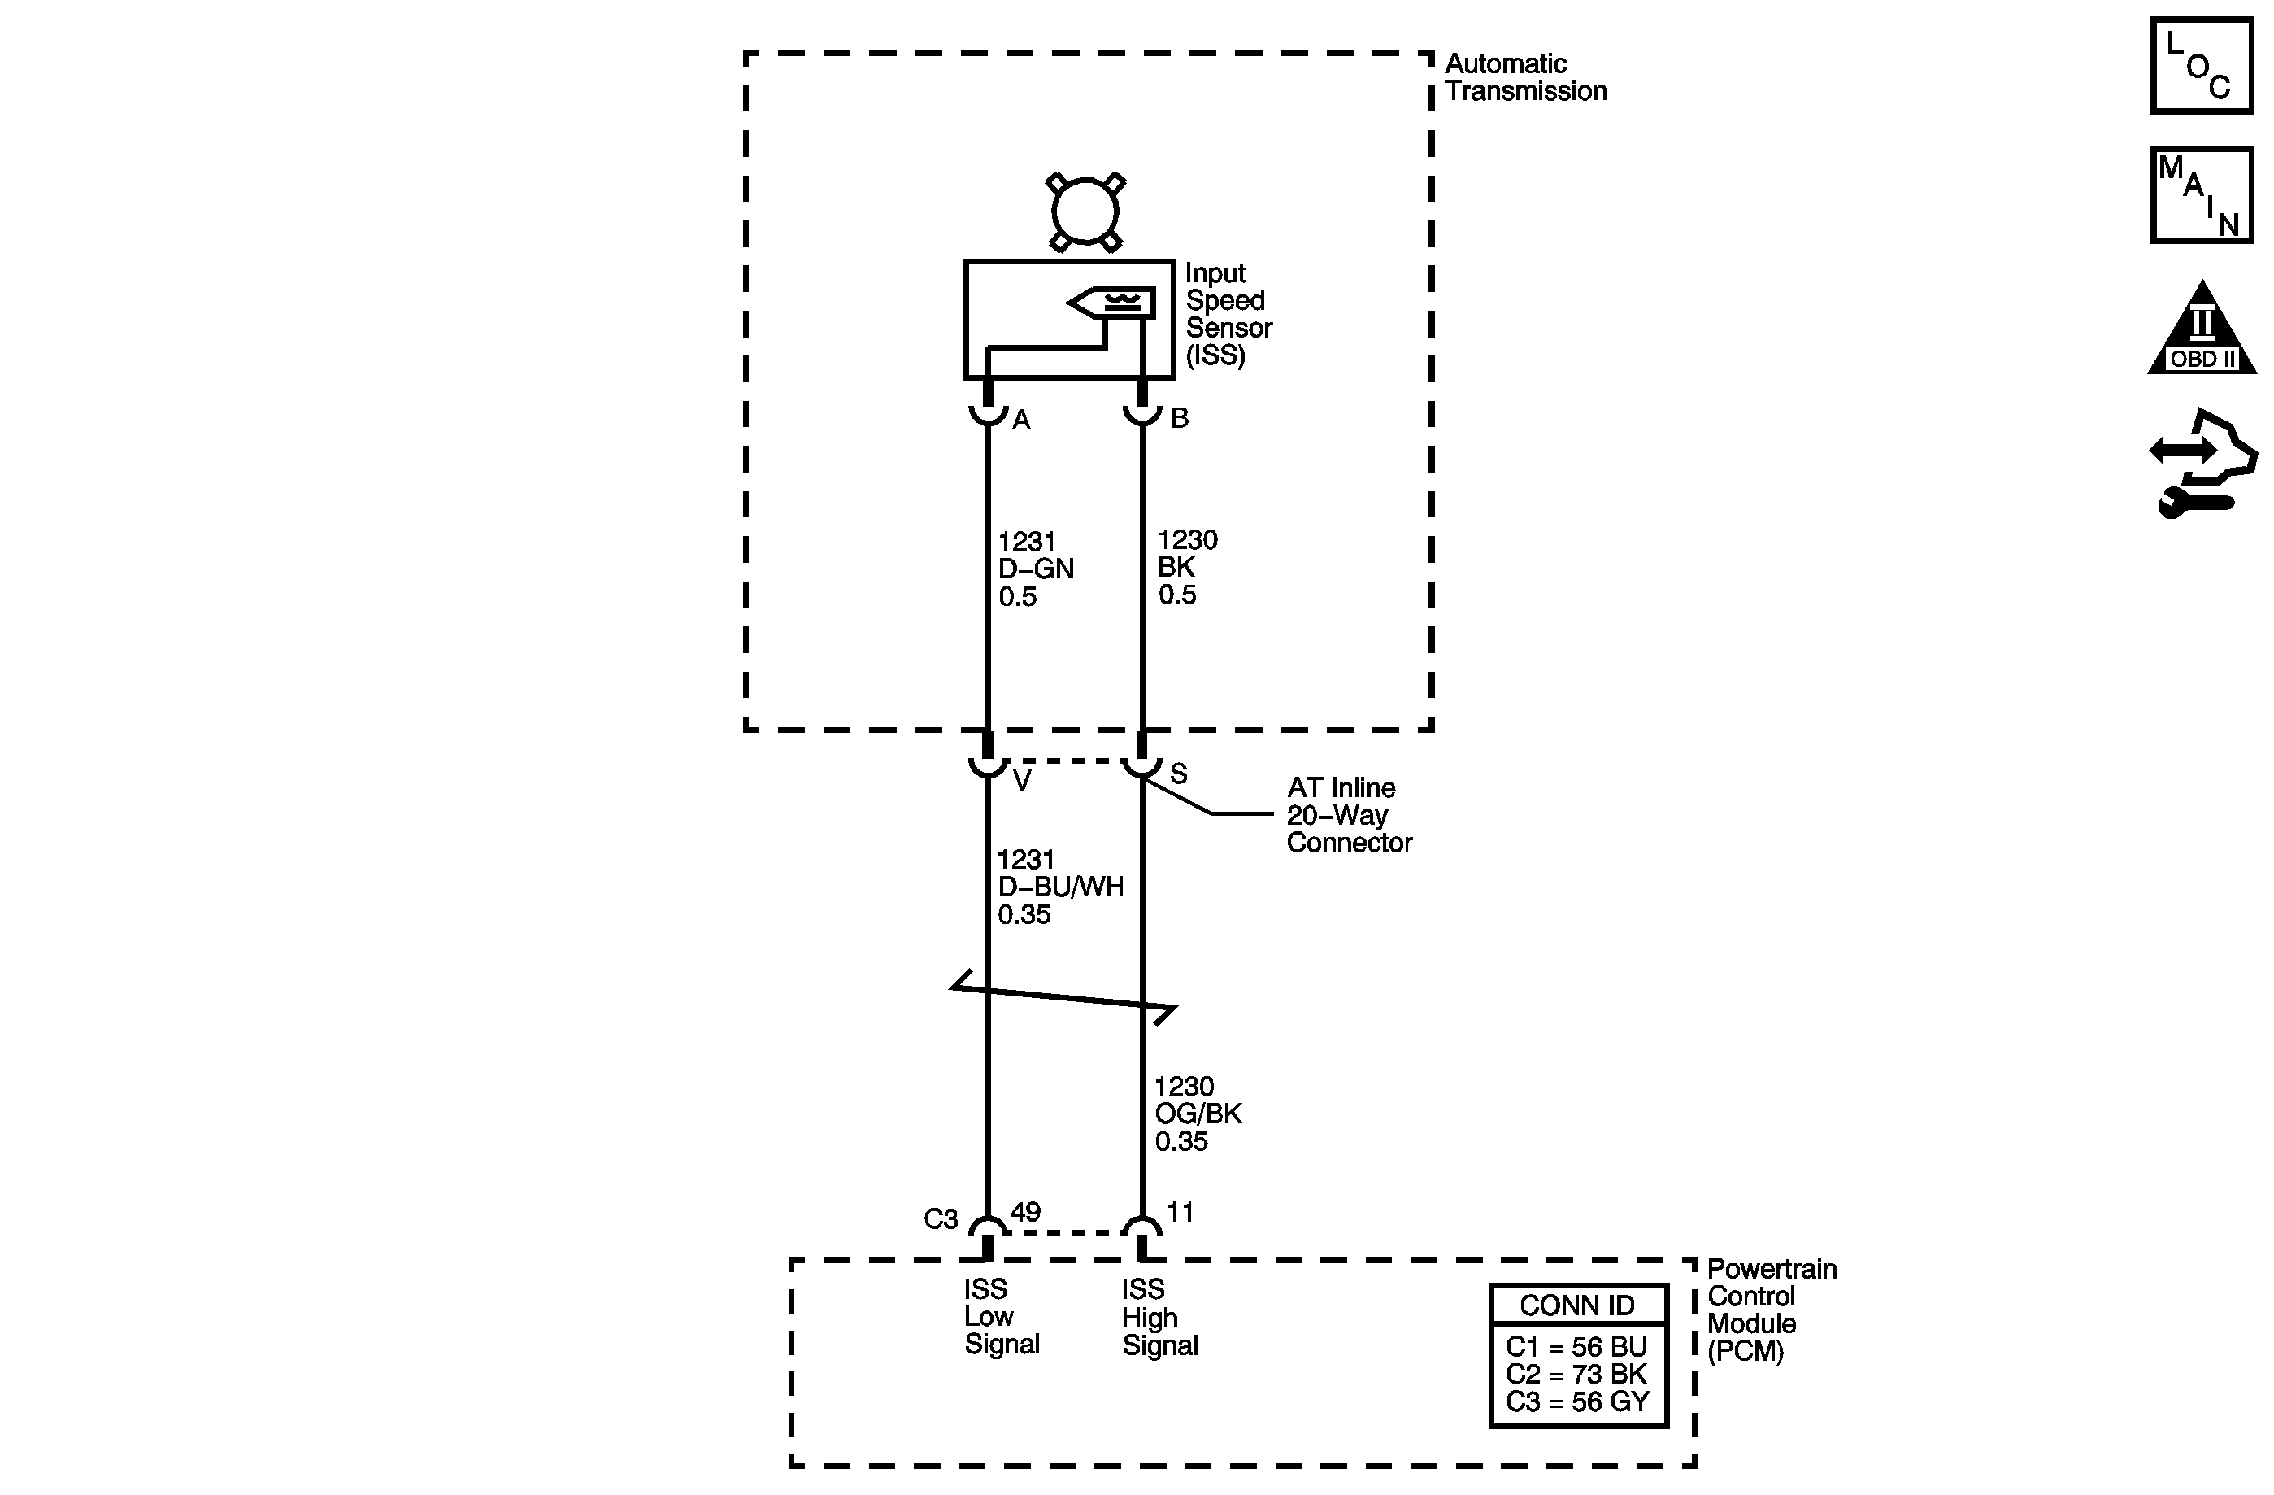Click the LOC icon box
click(2202, 67)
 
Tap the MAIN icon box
click(2202, 196)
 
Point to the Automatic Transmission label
click(1525, 77)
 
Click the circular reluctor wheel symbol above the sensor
click(1085, 212)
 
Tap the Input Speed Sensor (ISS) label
click(1228, 315)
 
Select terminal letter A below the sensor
click(1021, 420)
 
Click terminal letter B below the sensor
click(1180, 418)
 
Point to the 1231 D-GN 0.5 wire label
click(1036, 569)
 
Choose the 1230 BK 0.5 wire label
click(1187, 567)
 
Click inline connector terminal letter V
click(1022, 781)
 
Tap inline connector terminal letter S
click(1179, 774)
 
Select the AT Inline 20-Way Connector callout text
click(1347, 815)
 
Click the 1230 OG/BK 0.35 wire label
click(1198, 1114)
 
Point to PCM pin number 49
click(1025, 1212)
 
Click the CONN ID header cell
click(1577, 1305)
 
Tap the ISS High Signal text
click(1159, 1317)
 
